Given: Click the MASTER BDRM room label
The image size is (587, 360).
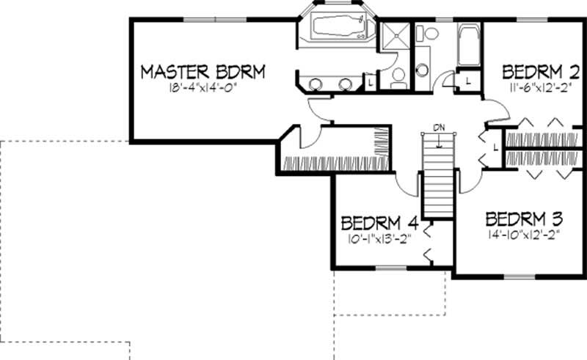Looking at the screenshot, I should coord(202,72).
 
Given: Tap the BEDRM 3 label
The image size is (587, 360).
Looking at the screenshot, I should coord(524,218).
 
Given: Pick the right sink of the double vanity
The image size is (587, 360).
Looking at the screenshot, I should coord(344,84).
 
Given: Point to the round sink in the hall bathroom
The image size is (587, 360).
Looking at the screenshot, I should coord(423,70).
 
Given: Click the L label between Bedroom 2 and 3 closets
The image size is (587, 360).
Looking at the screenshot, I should coord(496,147).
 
